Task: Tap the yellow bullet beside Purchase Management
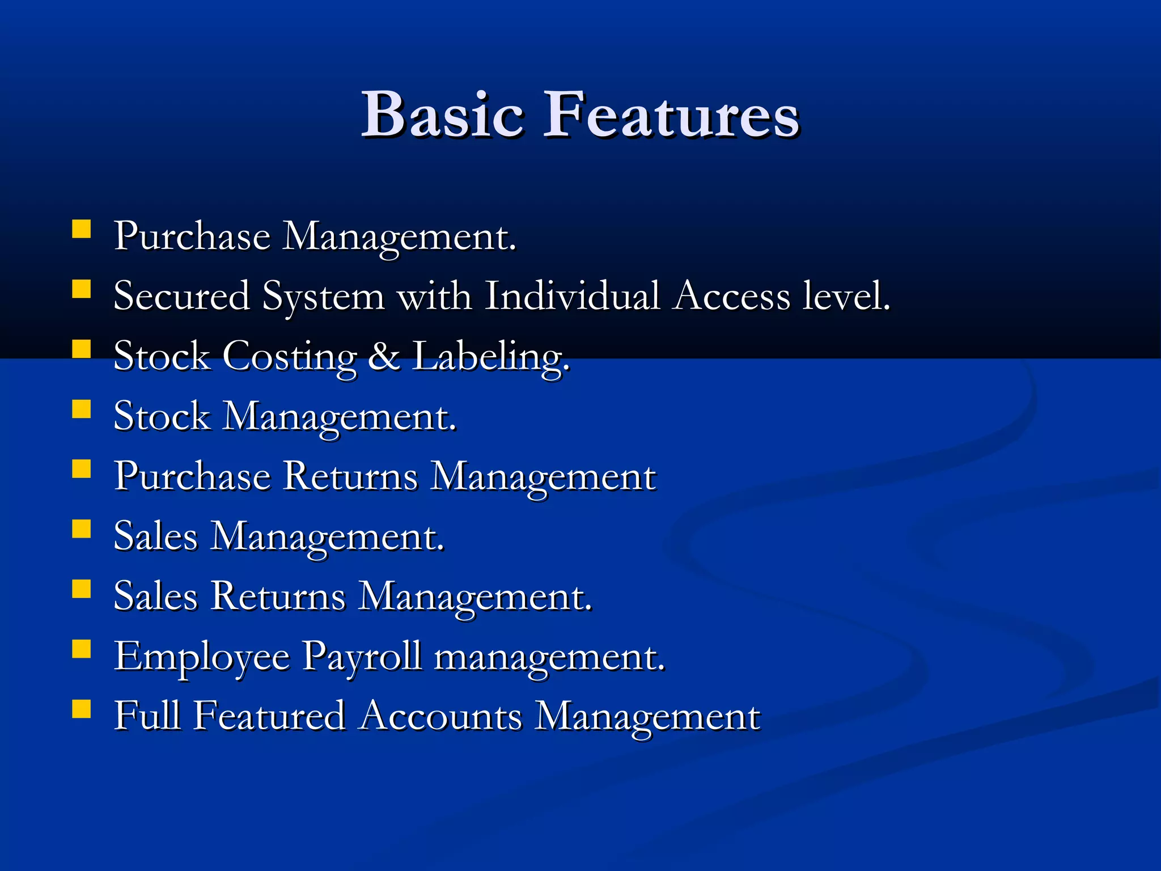tap(82, 229)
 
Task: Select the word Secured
tap(181, 296)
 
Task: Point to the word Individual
tap(573, 296)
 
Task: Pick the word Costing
tap(290, 357)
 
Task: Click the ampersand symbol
tap(384, 357)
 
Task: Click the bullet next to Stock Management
tap(82, 409)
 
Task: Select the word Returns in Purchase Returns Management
tap(350, 476)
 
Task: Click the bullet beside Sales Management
tap(82, 529)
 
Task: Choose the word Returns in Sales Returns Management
tap(278, 597)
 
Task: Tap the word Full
tap(147, 716)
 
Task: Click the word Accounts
tap(440, 716)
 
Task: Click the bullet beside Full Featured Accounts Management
tap(82, 709)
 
